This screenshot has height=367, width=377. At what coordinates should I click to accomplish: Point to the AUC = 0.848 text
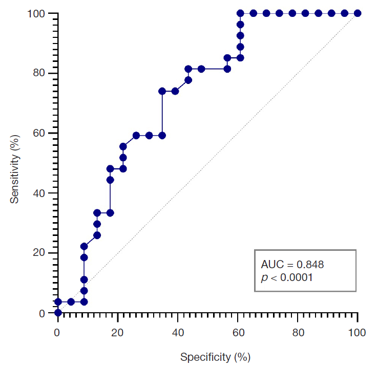pos(292,265)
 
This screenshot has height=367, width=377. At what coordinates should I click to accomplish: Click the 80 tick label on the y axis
pos(41,73)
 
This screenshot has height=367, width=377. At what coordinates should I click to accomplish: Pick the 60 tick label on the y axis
pos(41,133)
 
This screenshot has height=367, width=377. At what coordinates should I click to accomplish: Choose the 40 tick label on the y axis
pos(41,193)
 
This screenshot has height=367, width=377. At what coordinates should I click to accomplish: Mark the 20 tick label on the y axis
pos(41,253)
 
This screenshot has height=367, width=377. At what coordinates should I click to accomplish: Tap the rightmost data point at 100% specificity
pos(358,13)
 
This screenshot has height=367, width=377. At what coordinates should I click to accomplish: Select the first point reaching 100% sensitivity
pos(240,13)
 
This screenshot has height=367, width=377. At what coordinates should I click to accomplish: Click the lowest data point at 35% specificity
pos(162,135)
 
